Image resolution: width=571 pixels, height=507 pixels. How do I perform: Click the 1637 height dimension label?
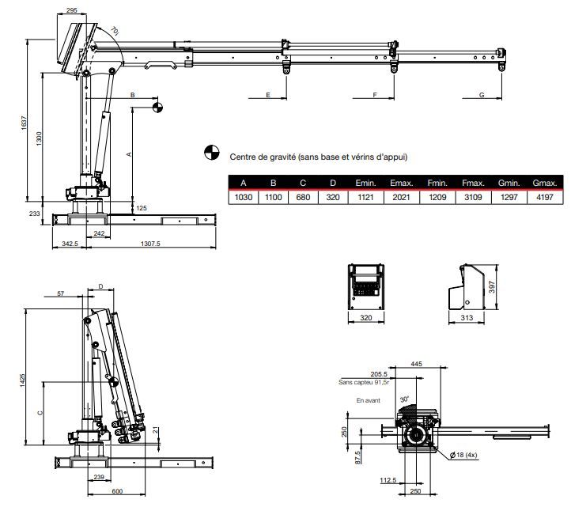(25, 123)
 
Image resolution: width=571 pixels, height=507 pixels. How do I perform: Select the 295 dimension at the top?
(72, 11)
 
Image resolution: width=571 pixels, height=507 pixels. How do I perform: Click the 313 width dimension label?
(466, 319)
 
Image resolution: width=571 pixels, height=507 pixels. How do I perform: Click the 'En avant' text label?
(369, 401)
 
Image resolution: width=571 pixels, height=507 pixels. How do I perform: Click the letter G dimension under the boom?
(481, 95)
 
